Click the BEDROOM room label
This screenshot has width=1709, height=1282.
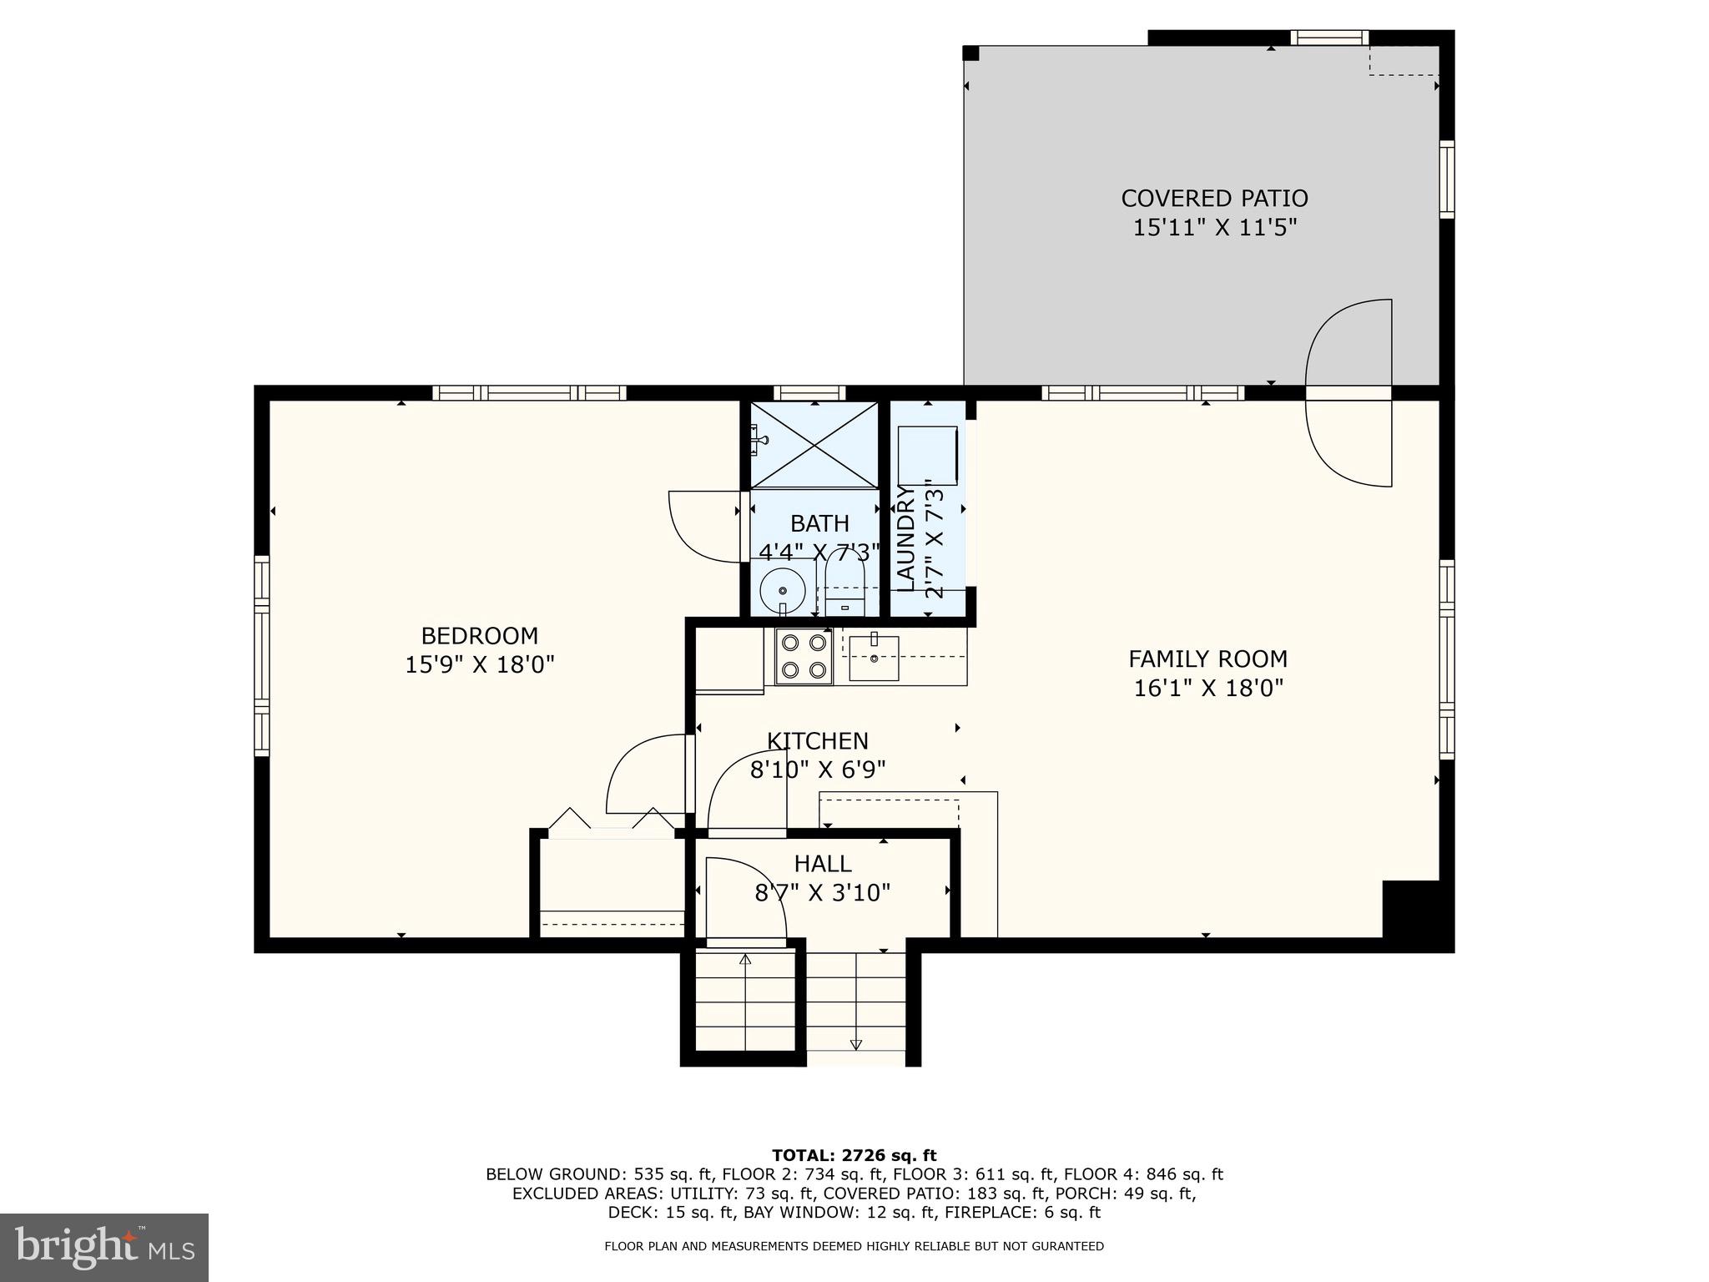(x=479, y=636)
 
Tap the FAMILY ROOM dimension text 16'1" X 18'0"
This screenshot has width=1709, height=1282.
(x=1207, y=689)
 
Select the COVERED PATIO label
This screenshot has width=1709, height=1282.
(x=1214, y=199)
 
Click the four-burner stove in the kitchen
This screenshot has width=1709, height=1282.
(x=804, y=657)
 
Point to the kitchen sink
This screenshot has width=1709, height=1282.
(x=874, y=658)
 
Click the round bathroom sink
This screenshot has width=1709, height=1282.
(x=781, y=589)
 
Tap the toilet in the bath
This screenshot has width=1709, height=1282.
(x=844, y=583)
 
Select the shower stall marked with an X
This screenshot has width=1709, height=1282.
(x=814, y=444)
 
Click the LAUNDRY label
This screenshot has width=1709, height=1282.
(x=905, y=538)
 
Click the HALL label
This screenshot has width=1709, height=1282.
(x=823, y=864)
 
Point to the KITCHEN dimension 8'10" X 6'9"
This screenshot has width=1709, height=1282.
(x=818, y=770)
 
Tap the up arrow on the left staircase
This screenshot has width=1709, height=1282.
(x=745, y=960)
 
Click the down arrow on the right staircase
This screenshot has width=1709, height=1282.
(x=856, y=1044)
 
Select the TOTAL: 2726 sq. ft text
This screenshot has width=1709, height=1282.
(x=854, y=1156)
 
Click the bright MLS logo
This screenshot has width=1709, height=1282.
(x=104, y=1248)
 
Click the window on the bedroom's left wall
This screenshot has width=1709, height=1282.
(x=262, y=655)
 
